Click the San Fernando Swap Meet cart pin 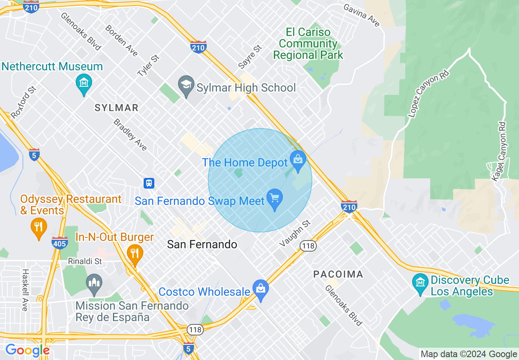click(274, 198)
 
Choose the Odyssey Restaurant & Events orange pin click(38, 227)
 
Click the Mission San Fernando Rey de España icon click(95, 283)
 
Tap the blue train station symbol click(149, 183)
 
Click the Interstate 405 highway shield click(60, 243)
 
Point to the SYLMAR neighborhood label click(116, 108)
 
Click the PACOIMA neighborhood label click(338, 274)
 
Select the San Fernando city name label click(202, 245)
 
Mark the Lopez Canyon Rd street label click(429, 94)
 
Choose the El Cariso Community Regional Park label click(308, 43)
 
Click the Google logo click(27, 350)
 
